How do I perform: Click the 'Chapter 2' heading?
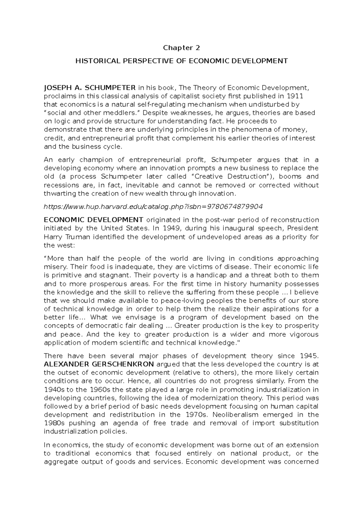pos(181,48)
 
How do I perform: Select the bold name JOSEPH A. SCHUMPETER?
pos(90,88)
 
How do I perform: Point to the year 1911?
pos(296,96)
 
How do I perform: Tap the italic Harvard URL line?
pos(153,207)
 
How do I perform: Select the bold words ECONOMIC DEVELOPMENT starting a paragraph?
pos(93,220)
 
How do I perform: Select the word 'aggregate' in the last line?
pos(59,462)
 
